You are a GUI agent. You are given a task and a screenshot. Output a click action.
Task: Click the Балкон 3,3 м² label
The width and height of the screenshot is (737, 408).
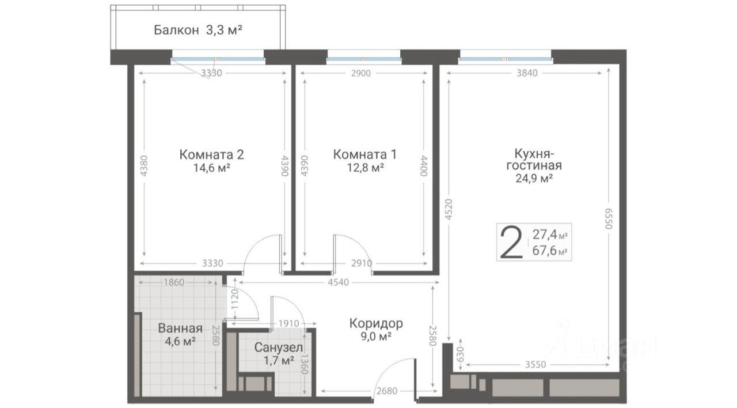(198, 31)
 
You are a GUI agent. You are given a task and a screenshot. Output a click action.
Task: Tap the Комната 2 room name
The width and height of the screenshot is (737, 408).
(211, 154)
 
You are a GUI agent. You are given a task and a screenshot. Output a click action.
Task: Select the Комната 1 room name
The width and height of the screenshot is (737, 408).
(365, 154)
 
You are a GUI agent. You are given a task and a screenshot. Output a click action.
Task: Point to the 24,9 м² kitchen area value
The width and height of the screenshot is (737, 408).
(534, 179)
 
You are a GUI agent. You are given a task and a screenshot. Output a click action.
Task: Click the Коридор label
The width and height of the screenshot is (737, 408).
(376, 323)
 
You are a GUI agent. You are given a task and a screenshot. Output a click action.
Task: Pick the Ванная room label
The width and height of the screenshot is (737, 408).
(180, 328)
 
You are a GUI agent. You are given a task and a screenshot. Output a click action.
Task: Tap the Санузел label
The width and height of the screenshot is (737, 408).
(279, 347)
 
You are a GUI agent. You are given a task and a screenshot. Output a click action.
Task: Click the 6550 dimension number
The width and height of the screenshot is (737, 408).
(609, 218)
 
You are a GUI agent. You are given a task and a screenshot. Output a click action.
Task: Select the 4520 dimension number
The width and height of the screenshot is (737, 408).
(449, 209)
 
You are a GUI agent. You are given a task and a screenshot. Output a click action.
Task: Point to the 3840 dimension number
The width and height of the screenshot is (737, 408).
(527, 73)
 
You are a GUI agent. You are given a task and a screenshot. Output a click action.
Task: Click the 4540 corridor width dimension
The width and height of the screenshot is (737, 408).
(338, 282)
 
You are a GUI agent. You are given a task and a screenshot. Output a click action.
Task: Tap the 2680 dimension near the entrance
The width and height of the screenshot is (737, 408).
(387, 391)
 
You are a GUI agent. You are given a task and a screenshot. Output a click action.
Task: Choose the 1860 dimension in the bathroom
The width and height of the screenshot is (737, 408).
(174, 282)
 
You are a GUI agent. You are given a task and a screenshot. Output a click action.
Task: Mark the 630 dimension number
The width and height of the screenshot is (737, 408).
(461, 354)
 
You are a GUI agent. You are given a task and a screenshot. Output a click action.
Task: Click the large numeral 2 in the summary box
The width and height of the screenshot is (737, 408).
(511, 242)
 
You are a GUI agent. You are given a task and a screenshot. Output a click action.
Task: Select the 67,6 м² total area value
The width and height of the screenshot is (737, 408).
(550, 251)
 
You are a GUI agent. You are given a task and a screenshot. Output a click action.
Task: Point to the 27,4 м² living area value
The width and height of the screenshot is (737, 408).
(550, 235)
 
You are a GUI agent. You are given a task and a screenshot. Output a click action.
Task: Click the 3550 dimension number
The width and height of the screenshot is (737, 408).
(535, 365)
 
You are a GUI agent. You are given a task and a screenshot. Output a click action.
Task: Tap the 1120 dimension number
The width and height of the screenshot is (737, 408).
(234, 299)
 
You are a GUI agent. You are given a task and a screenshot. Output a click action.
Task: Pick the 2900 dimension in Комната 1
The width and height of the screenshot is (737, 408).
(361, 73)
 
